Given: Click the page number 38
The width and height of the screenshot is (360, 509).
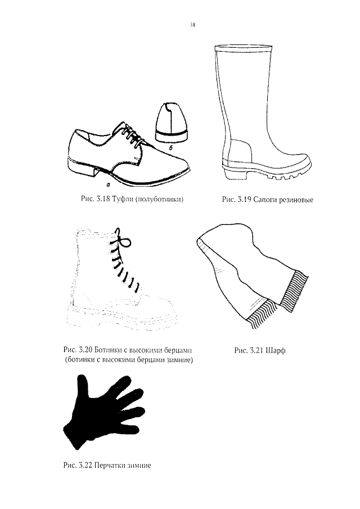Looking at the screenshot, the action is (x=192, y=25).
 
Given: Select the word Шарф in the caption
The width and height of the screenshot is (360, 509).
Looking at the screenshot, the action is (x=275, y=350).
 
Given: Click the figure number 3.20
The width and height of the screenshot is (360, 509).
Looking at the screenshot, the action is (x=86, y=350).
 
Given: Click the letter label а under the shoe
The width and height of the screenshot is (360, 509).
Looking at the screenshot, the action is (x=108, y=185).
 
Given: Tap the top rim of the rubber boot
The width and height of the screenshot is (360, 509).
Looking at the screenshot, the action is (x=243, y=48).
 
